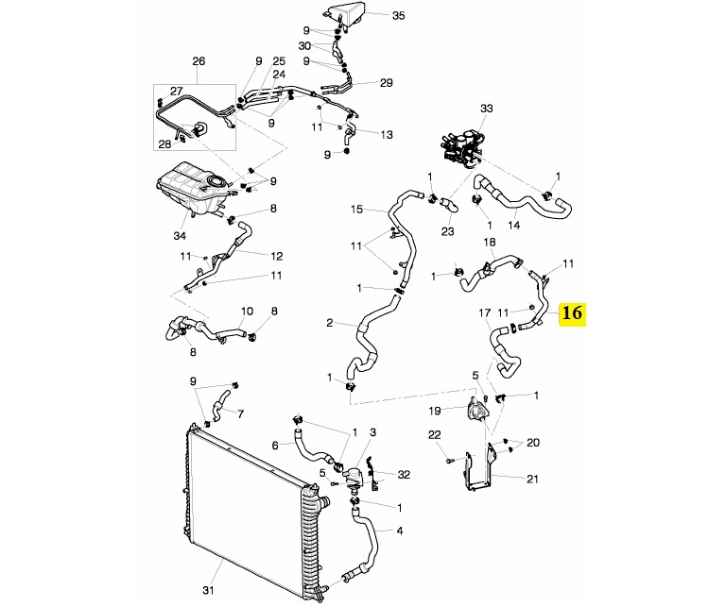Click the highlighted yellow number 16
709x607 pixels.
573,312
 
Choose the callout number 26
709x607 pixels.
199,62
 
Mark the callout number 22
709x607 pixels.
434,434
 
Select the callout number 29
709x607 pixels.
386,84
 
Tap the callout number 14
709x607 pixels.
514,226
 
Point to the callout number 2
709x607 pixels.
330,324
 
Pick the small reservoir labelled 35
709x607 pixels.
344,16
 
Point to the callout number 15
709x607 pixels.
356,209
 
